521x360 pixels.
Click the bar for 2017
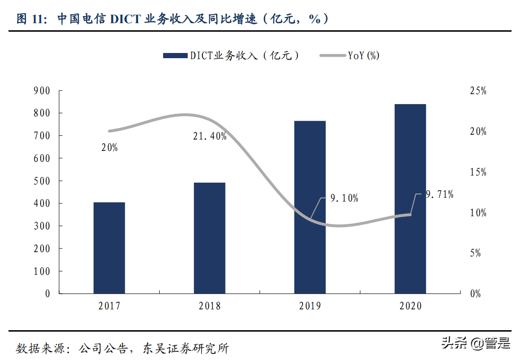coord(109,248)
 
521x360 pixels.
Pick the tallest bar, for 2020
coord(410,199)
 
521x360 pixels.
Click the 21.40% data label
coord(209,136)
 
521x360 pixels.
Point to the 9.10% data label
coord(344,198)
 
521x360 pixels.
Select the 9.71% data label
coord(439,194)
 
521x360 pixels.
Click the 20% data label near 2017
coord(109,148)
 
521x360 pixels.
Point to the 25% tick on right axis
coord(478,91)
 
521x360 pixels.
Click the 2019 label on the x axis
coord(310,306)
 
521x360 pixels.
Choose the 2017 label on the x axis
coord(109,306)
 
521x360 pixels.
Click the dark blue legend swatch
coord(175,56)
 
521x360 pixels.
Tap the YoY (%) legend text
coord(364,56)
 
